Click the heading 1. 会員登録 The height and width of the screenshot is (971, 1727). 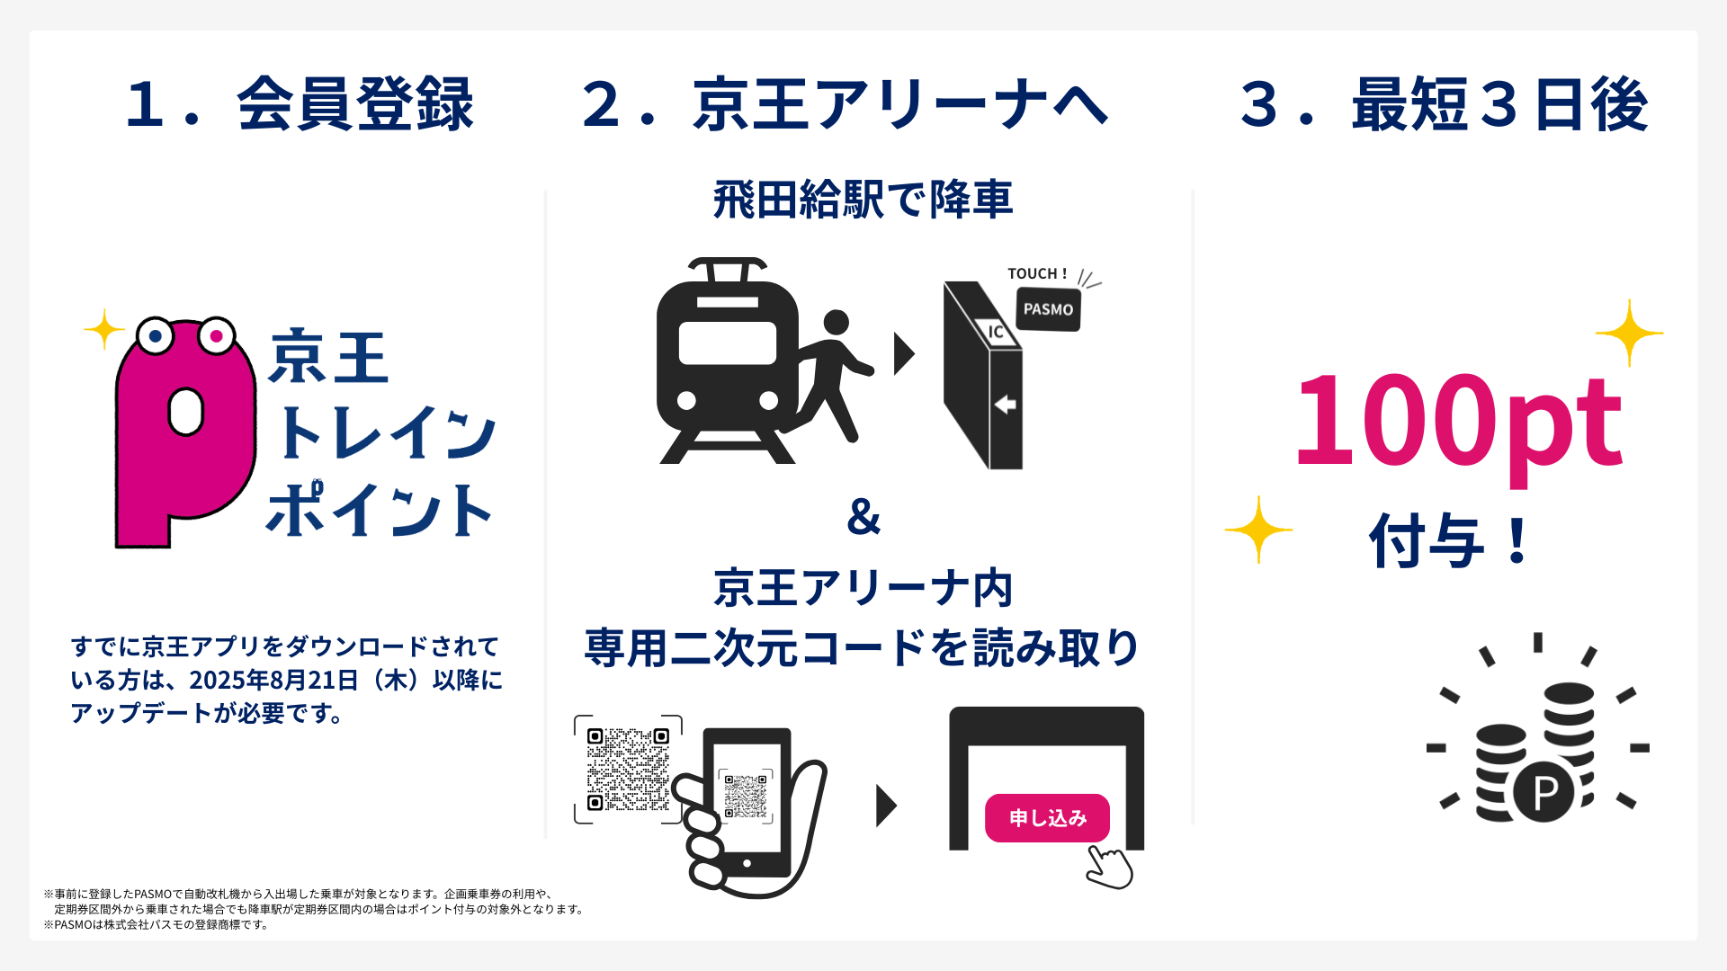300,104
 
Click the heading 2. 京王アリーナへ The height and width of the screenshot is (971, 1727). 845,104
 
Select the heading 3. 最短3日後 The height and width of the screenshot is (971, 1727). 1444,104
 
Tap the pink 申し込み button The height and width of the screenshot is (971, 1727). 1047,817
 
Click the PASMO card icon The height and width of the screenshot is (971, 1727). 1048,309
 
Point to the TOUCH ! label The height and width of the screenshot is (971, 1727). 1036,273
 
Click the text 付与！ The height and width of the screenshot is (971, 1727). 1448,540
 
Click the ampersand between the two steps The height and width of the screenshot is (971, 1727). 863,517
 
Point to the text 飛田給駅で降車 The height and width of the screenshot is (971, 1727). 863,200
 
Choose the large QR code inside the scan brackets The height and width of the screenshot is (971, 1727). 628,769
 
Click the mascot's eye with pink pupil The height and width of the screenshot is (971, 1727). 216,336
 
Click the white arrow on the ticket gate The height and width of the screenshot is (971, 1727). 1005,405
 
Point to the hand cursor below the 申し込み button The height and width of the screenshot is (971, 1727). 1110,868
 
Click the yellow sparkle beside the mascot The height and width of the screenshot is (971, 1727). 103,329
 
